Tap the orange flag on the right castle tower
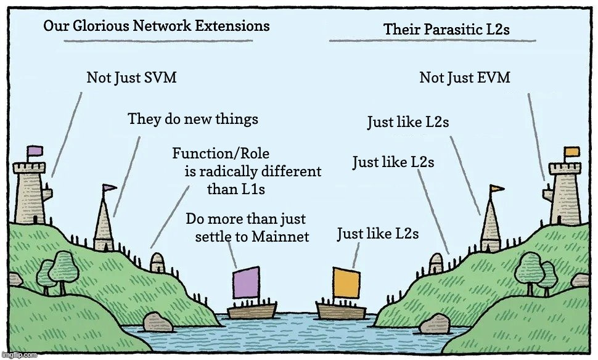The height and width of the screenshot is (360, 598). coord(571,152)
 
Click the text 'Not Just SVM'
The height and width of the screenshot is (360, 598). coord(131,78)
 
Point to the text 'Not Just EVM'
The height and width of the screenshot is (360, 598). coord(464,78)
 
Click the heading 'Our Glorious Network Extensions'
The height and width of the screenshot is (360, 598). coord(157,26)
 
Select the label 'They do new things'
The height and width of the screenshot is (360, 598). coord(192,119)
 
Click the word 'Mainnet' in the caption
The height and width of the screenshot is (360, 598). coord(281,237)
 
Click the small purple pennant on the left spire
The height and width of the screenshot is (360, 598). coord(109,187)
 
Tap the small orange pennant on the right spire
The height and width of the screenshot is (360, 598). coord(496,189)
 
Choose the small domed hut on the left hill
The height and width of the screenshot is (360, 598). coord(158,261)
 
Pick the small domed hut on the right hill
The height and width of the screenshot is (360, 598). coord(436,263)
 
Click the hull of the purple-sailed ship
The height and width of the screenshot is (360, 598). coord(252,309)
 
